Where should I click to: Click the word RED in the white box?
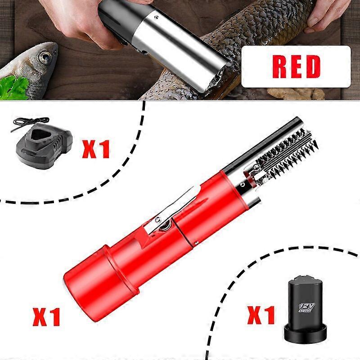coord(296,66)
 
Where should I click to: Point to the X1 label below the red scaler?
coord(46,317)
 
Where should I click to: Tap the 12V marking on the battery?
coord(307,307)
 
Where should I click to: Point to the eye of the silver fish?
coord(45,57)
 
